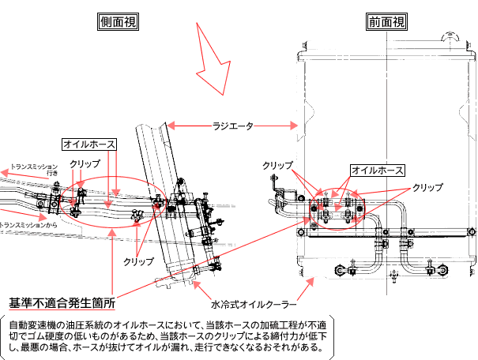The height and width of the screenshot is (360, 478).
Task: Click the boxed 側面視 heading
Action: coord(119,22)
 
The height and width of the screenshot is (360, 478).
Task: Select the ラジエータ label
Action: coord(233,125)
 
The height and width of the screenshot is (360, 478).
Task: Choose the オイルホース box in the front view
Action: coord(378,170)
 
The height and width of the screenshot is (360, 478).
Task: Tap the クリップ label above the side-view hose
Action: coord(85,163)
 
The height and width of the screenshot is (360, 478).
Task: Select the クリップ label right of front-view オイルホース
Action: coord(428,188)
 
